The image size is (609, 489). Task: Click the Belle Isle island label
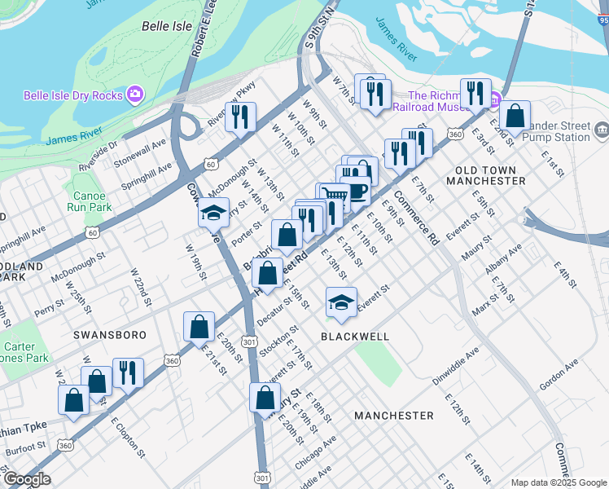click(x=167, y=26)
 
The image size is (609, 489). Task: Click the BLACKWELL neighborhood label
click(x=355, y=336)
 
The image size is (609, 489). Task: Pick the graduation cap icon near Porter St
click(x=212, y=213)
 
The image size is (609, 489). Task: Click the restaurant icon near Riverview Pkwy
click(x=240, y=117)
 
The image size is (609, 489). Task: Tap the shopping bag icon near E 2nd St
click(x=515, y=115)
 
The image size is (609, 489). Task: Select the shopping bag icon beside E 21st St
click(x=199, y=327)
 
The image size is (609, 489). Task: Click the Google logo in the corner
click(x=26, y=479)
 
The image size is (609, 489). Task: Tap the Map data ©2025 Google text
click(x=558, y=482)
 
